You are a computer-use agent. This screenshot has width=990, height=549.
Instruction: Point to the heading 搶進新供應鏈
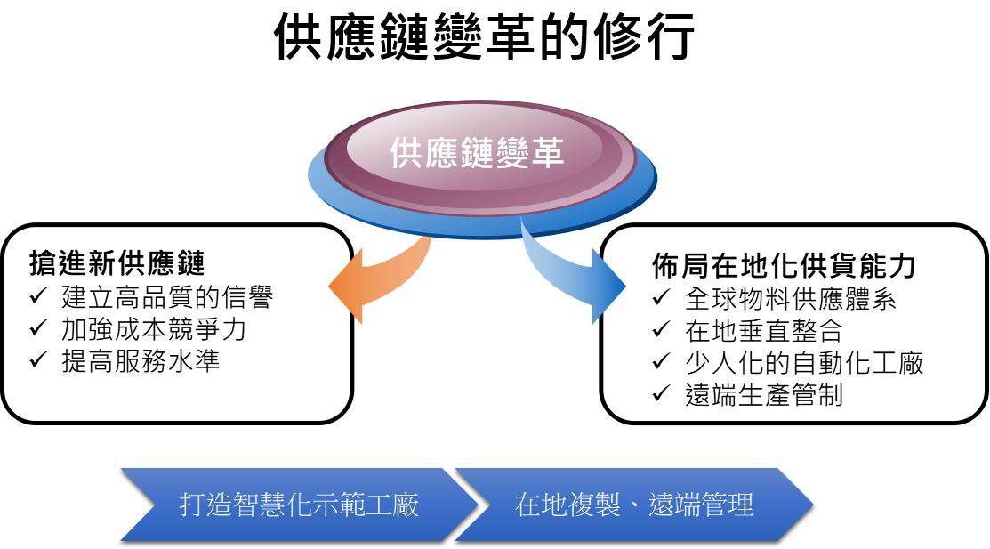coord(117,264)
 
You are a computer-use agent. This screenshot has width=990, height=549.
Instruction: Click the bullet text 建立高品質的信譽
coord(166,296)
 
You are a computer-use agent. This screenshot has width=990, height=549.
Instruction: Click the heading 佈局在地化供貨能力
coord(783,266)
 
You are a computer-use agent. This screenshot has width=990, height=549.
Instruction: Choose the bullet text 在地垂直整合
coord(763,330)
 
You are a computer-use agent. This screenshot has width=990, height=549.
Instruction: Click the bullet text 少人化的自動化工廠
coord(804,362)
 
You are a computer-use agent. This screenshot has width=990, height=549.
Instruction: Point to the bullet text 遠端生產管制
coord(763,394)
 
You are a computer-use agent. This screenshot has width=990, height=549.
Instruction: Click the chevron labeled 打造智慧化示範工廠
coord(298,505)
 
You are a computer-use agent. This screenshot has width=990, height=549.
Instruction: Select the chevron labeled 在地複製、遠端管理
coord(633,505)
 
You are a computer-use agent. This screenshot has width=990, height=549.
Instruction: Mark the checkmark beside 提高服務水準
coord(38,360)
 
